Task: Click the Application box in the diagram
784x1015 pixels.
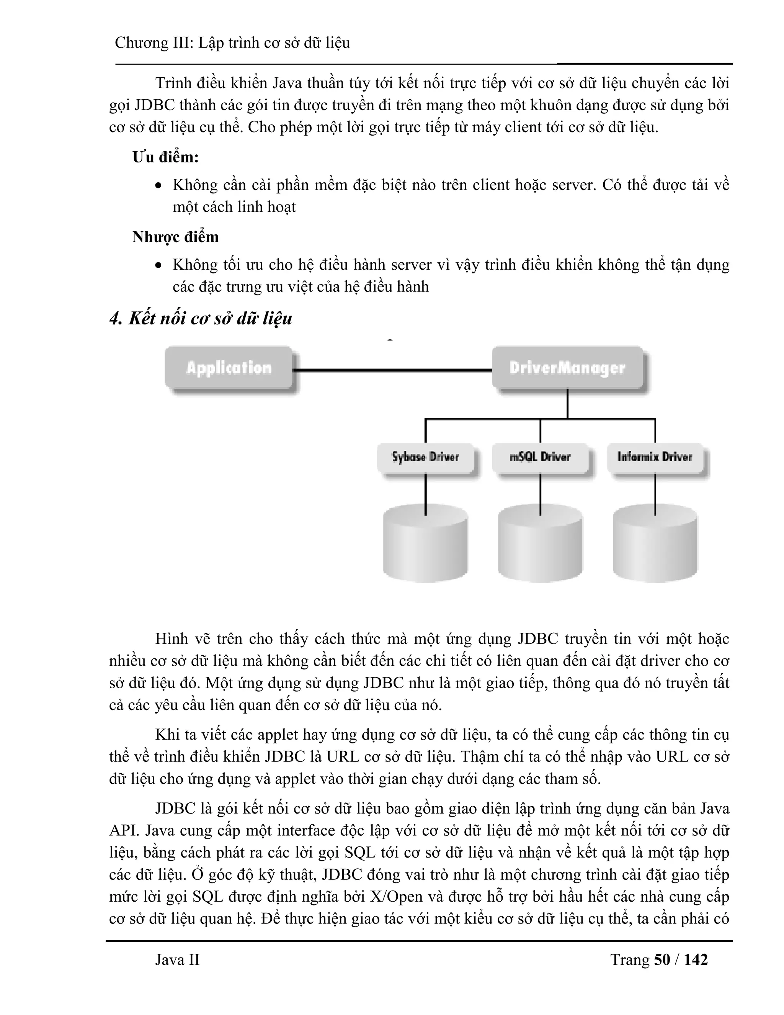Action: [x=229, y=368]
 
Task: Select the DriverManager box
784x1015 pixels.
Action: [x=567, y=368]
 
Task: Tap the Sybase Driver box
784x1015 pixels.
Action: [x=425, y=457]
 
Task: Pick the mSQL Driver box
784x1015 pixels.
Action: [x=540, y=457]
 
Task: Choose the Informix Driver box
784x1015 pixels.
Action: [x=654, y=457]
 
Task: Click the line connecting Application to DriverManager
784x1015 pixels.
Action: [x=392, y=370]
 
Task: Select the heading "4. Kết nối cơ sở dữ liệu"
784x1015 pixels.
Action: [x=201, y=319]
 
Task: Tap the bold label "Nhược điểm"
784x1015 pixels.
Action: [x=175, y=237]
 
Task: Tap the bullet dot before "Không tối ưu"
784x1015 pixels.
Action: [x=159, y=266]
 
